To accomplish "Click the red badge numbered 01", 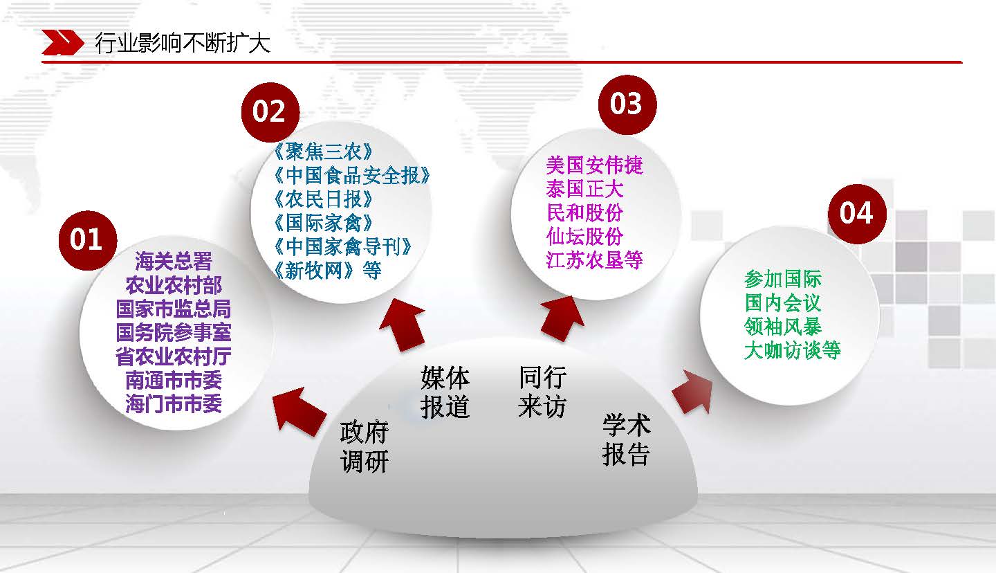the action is tap(88, 240).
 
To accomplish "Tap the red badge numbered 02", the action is tap(270, 112).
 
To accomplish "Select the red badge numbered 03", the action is tap(627, 104).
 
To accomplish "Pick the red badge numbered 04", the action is tap(857, 214).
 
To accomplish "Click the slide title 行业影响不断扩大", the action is tap(183, 43).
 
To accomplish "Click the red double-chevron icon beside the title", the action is tap(62, 43).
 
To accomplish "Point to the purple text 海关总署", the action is tap(174, 261).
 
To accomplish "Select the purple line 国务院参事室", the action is tap(174, 332).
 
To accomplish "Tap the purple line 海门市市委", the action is tap(174, 404).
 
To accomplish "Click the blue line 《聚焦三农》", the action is tap(323, 152).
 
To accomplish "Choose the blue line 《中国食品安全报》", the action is tap(351, 175).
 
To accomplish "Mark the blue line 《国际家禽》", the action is tap(323, 223).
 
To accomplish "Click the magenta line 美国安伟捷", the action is tap(595, 165).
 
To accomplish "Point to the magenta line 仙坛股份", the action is tap(584, 236).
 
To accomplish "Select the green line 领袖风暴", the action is tap(782, 327).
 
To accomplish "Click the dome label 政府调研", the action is tap(364, 447).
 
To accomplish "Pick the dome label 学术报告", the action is tap(627, 439).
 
